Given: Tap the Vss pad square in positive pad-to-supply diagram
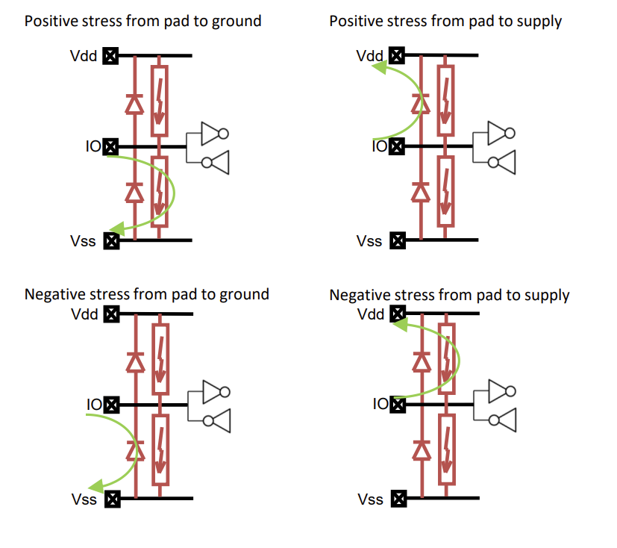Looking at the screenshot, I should [x=398, y=240].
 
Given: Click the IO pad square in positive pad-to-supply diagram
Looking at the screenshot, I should [x=398, y=147].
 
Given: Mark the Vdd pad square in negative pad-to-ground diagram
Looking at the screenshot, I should [x=111, y=314].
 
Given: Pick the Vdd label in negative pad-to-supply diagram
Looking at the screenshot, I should [x=371, y=314].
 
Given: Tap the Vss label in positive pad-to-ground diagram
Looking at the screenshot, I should [x=83, y=240].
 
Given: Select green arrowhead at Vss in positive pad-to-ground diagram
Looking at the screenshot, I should [x=115, y=229].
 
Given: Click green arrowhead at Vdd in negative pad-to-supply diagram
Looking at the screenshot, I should [x=400, y=323].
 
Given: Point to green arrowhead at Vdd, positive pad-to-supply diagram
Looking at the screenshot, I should [x=380, y=68].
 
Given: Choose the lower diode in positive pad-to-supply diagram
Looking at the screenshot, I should [x=422, y=193].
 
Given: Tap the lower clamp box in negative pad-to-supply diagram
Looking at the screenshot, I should [x=446, y=449].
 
